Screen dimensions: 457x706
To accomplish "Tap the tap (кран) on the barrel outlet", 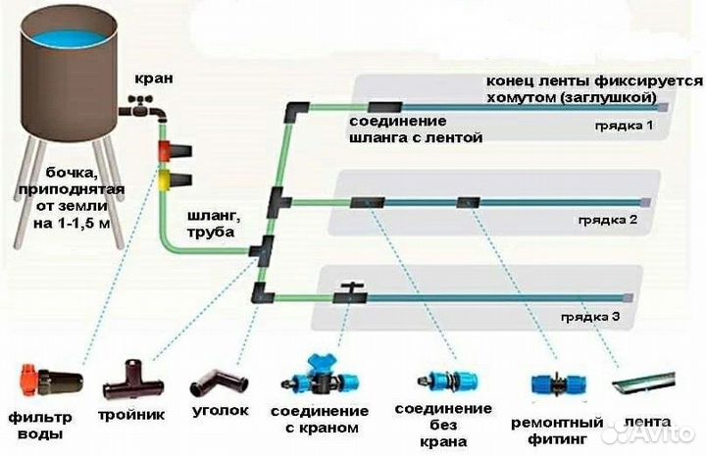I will click(137, 109).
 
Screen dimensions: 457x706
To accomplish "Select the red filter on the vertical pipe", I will click(176, 151).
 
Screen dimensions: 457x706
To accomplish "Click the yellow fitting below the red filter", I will click(175, 178).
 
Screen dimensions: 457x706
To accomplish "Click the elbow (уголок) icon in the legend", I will click(216, 381).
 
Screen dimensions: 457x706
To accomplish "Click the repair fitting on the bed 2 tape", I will click(467, 203).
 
